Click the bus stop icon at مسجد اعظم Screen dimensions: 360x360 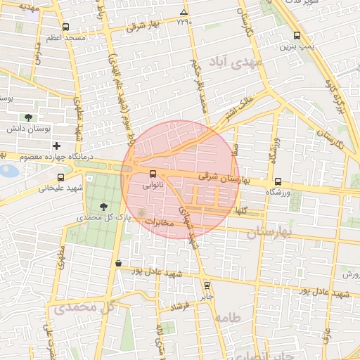coord(65,27)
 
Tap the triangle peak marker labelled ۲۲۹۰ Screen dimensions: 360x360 coord(184,13)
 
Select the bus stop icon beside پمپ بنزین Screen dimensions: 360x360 coord(297,35)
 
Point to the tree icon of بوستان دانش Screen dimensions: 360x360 coord(28,117)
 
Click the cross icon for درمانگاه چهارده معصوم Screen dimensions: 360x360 coord(56,146)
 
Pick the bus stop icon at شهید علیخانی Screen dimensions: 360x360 coord(60,178)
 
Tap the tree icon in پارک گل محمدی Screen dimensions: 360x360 coord(104,207)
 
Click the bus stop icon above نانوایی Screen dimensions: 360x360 coord(153,174)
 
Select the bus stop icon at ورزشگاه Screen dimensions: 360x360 coord(278,181)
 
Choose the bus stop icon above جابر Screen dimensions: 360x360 coord(206,285)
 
